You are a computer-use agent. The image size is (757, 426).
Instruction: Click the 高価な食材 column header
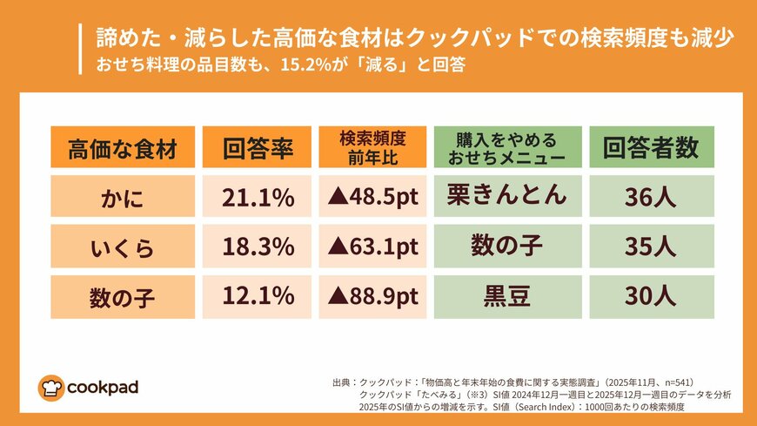coord(122,147)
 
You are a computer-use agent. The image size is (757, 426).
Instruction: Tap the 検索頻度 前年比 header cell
coord(372,147)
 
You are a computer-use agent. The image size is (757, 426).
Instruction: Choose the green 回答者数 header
coord(652,147)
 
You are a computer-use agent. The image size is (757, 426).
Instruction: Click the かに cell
coord(122,198)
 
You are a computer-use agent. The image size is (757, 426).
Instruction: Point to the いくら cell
coord(122,247)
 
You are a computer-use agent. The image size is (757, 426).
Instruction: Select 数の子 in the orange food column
coord(122,297)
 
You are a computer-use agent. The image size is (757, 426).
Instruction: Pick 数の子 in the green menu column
coord(507,247)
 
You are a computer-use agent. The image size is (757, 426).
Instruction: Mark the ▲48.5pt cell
coord(372,198)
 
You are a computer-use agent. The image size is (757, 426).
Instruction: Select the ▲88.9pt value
coord(372,297)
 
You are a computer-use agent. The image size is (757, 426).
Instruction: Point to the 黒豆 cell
coord(507,297)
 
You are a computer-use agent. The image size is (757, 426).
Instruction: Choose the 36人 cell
coord(652,198)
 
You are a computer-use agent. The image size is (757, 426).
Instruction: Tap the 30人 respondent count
coord(652,297)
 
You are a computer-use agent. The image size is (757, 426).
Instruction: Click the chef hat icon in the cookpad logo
coord(50,388)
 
